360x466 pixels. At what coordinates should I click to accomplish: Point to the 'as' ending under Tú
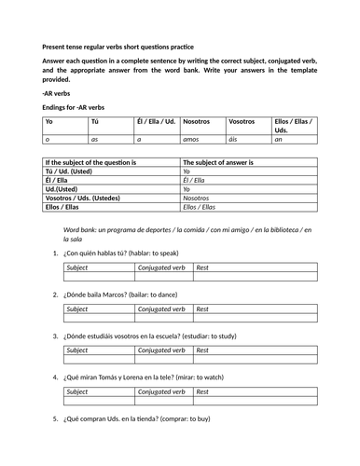click(94, 139)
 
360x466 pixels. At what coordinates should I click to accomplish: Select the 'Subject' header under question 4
click(80, 391)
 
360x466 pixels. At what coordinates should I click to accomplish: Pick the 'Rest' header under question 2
click(202, 309)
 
